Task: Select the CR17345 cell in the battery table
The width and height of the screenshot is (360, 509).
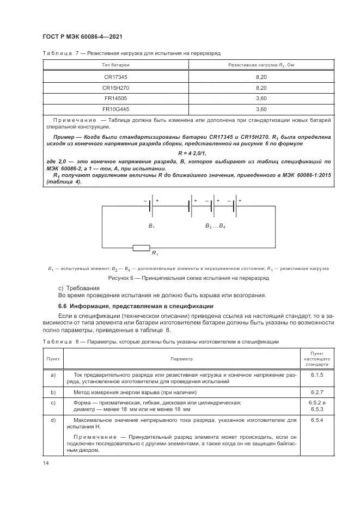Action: click(x=115, y=78)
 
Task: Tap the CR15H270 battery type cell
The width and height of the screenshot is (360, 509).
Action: click(x=115, y=88)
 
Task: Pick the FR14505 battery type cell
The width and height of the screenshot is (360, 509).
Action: click(x=115, y=98)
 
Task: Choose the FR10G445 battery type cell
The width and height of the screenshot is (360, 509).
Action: click(x=115, y=108)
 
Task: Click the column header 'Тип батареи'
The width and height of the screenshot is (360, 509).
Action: click(x=115, y=65)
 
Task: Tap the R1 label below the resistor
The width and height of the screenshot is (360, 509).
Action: click(x=155, y=254)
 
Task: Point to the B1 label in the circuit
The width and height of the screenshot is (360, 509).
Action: click(x=151, y=225)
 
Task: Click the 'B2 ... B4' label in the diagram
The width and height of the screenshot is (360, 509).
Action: click(x=215, y=225)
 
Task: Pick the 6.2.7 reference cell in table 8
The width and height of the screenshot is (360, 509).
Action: click(x=317, y=392)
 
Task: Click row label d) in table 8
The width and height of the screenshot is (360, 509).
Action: click(x=53, y=420)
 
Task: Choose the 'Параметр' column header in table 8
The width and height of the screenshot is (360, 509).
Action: click(x=181, y=359)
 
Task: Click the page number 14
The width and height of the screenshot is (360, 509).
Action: click(x=46, y=462)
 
